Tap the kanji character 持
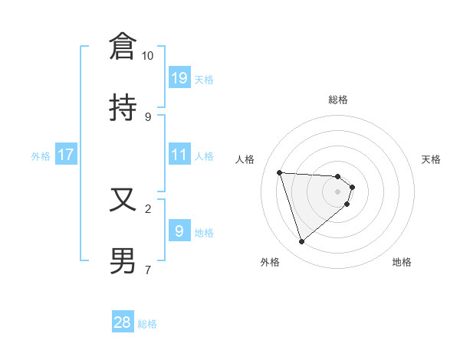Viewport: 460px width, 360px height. coord(123,108)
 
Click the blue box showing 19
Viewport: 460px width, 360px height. coord(179,77)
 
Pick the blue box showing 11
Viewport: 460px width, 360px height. coord(179,155)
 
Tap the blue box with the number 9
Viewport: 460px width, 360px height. coord(179,231)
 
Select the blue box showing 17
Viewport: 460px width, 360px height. coord(66,155)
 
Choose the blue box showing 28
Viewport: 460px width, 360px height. coord(123,322)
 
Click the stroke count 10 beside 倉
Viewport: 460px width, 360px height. coord(148,56)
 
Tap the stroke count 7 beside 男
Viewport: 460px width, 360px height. coord(148,270)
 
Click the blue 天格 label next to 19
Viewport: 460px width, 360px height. coord(203,79)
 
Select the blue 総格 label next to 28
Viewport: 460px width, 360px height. coord(147,324)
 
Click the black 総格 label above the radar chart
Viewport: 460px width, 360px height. coord(338,100)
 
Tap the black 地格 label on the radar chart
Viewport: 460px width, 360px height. coord(402,262)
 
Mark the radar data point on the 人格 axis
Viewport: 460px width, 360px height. coord(280,172)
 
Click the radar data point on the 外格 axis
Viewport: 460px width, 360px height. coord(301,242)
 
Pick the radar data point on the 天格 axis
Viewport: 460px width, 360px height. coord(353,186)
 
